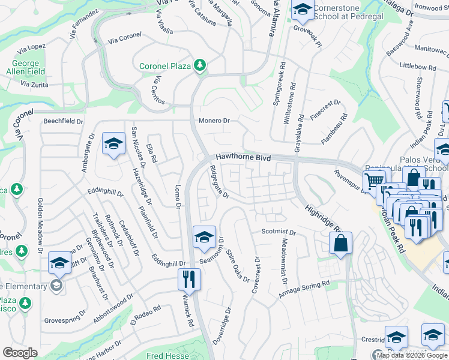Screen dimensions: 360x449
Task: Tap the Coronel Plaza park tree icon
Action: [x=199, y=65]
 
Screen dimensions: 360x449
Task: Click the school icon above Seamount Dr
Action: [x=204, y=236]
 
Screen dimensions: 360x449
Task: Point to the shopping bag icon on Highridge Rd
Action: [x=340, y=243]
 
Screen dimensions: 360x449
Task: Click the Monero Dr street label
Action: [x=214, y=121]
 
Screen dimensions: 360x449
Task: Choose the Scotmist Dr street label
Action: [x=279, y=232]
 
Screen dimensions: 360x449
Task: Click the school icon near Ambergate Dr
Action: [x=113, y=144]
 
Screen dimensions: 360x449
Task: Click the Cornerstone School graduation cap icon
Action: [x=303, y=10]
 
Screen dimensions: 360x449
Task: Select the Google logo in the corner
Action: [x=20, y=353]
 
